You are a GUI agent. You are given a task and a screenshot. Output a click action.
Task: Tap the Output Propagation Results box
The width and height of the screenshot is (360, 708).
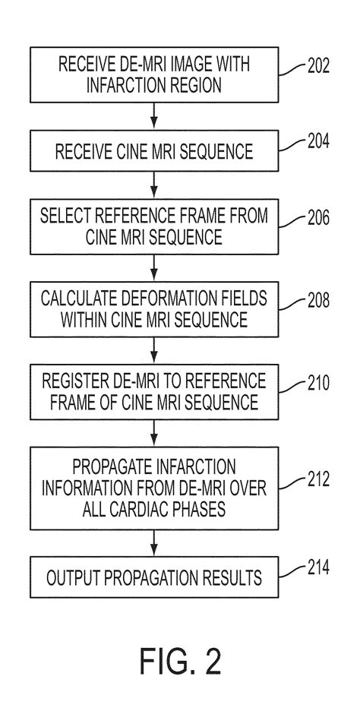[155, 578]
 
